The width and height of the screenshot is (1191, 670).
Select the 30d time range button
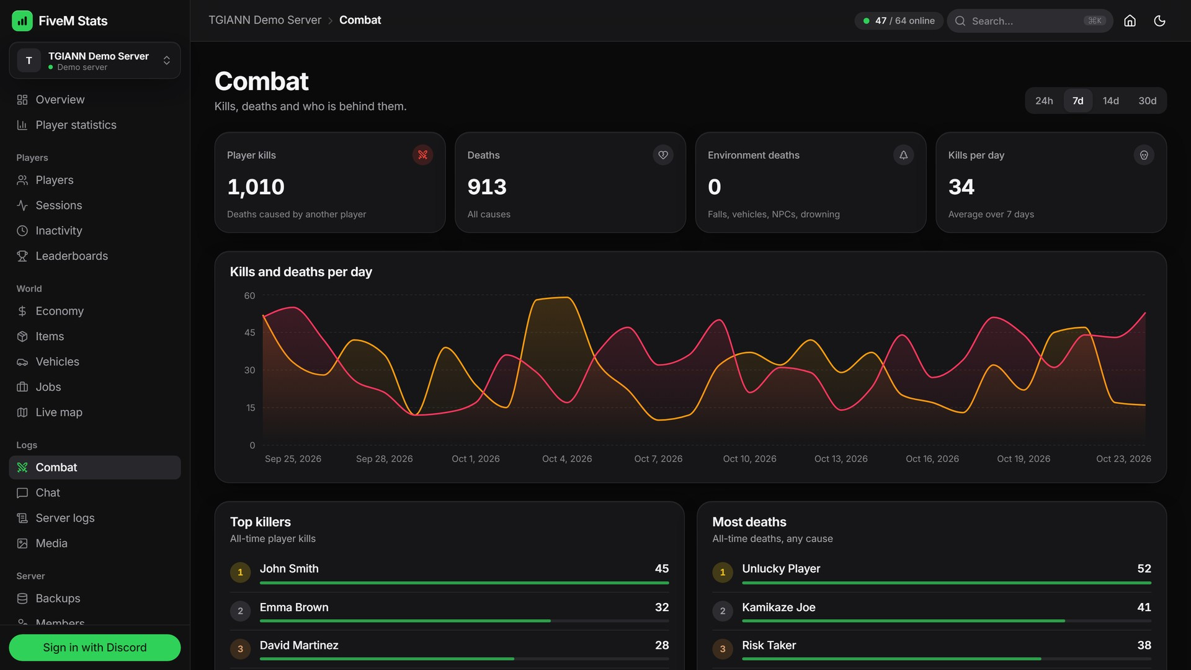pos(1147,100)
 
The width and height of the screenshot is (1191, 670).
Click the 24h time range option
pos(1044,100)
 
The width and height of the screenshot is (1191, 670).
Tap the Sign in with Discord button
pos(95,647)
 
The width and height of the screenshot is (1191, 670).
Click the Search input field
pos(1030,20)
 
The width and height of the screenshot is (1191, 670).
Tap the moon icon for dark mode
pos(1159,20)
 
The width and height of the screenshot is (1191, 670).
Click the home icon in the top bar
pos(1130,20)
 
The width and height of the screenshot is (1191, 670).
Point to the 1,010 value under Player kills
pos(256,187)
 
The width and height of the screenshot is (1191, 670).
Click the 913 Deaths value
pos(487,187)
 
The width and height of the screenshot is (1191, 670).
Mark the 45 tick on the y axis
pos(249,333)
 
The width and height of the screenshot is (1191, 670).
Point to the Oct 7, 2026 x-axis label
pos(658,458)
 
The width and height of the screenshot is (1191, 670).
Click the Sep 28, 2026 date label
pos(384,458)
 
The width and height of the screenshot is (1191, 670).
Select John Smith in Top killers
pos(289,568)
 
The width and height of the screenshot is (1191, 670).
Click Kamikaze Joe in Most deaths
pos(778,607)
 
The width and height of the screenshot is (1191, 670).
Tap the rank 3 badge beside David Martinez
pos(240,649)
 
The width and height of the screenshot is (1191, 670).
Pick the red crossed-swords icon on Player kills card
pos(422,155)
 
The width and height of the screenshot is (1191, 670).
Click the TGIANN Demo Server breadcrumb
pos(265,20)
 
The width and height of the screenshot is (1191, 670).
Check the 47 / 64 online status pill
pos(899,20)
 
